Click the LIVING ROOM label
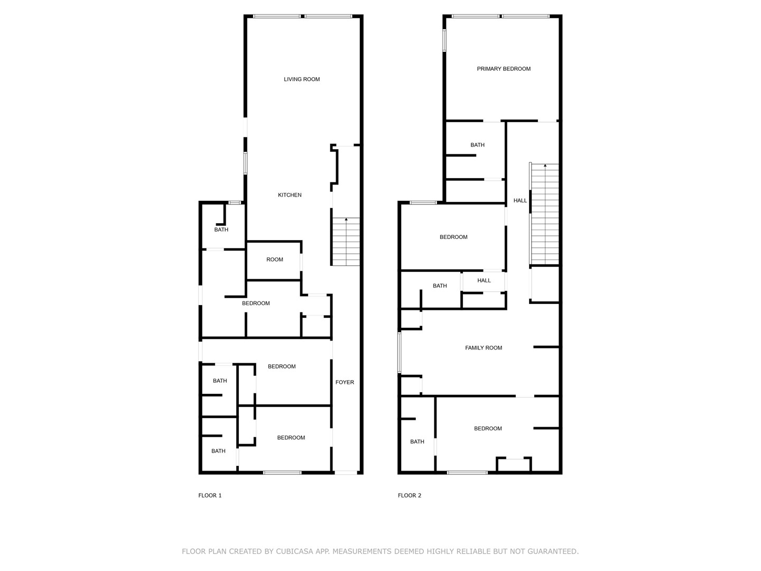click(302, 79)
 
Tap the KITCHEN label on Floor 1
click(290, 195)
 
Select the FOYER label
click(345, 382)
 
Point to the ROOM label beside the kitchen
click(275, 260)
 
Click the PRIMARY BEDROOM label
click(504, 69)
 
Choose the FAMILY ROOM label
click(484, 348)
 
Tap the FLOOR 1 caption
click(210, 496)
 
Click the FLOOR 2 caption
click(410, 496)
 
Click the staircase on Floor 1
click(346, 242)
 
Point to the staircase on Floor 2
click(545, 214)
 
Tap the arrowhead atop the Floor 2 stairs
click(545, 165)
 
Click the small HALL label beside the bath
click(484, 281)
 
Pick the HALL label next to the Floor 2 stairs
click(519, 201)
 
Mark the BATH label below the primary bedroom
click(477, 145)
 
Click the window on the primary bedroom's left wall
click(444, 41)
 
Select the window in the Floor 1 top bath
click(235, 203)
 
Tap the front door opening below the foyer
click(346, 473)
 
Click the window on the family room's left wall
click(400, 353)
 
